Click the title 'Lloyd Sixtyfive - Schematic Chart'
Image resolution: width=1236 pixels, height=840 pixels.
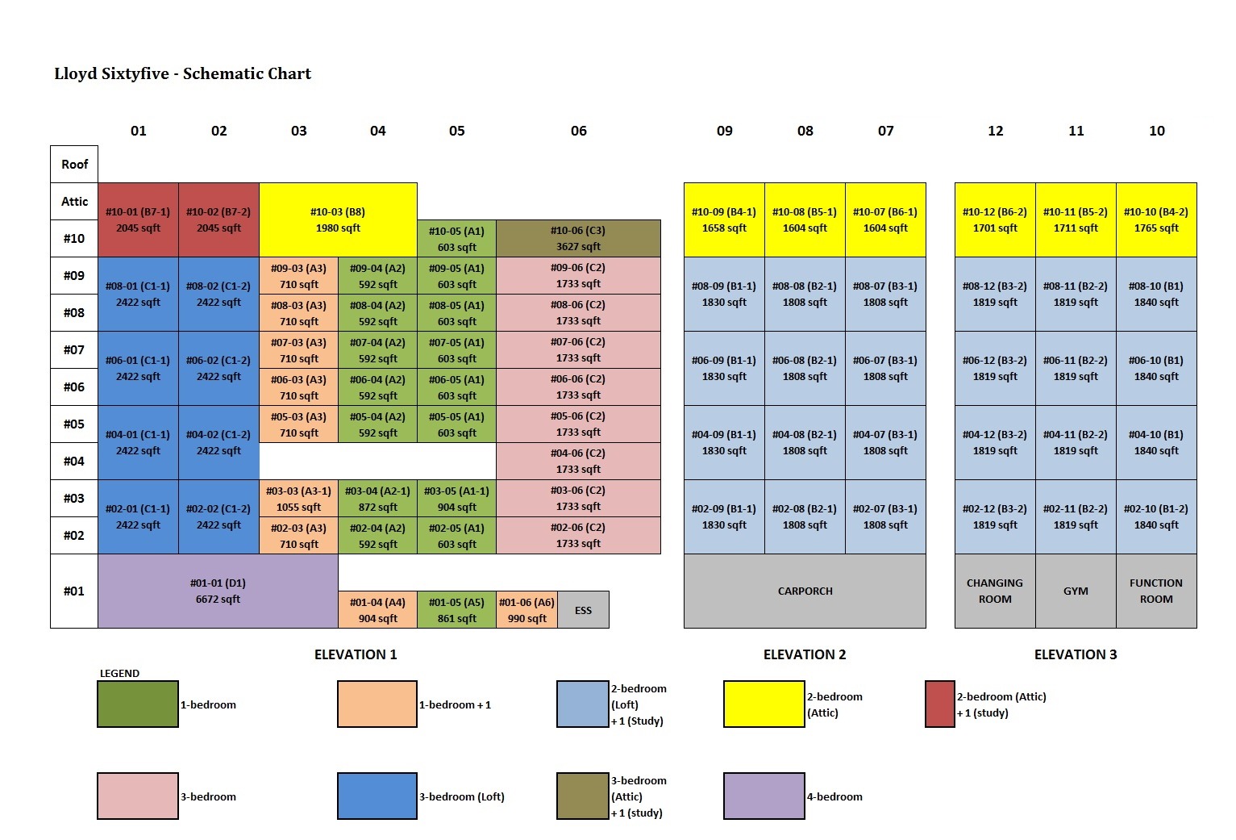click(182, 73)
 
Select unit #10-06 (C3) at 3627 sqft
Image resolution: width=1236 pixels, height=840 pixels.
click(578, 238)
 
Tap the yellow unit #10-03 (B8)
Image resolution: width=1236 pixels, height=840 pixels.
click(338, 219)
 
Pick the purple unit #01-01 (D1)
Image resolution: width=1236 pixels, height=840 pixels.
click(218, 591)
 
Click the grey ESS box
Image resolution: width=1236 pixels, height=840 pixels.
click(583, 610)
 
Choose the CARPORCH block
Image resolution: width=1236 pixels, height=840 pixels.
click(805, 591)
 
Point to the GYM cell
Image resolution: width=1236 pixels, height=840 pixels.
click(1076, 591)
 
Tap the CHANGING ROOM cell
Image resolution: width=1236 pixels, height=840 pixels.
click(995, 591)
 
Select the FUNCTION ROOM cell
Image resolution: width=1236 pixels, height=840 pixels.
click(1156, 591)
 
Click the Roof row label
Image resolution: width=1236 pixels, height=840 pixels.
click(74, 164)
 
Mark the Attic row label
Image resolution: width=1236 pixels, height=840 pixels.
click(74, 201)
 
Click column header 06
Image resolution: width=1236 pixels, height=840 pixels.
click(578, 131)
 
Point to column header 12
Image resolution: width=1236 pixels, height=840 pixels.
click(995, 131)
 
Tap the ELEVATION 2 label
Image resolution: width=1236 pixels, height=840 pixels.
click(805, 654)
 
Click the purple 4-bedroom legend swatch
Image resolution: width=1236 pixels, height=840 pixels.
click(764, 796)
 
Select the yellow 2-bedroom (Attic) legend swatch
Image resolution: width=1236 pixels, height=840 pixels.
click(764, 704)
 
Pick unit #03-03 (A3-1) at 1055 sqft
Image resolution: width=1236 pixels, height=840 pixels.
click(298, 499)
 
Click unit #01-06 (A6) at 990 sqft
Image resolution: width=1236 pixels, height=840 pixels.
click(526, 610)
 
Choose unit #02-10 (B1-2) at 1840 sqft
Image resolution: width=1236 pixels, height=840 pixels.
click(1156, 516)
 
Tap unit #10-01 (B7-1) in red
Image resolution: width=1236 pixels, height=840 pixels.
click(138, 219)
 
